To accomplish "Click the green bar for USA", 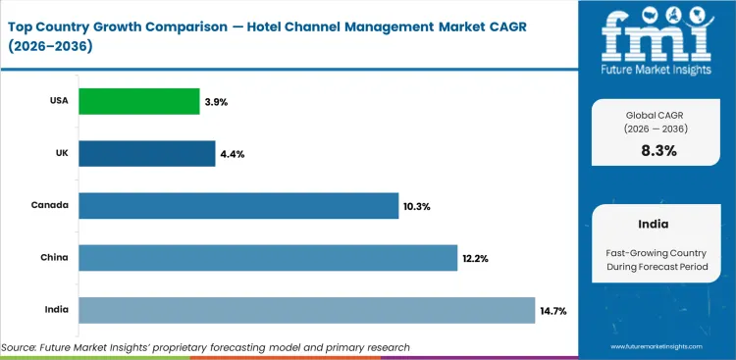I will click(x=138, y=101).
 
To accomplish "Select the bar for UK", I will click(x=146, y=153).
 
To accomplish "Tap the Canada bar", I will click(x=238, y=206).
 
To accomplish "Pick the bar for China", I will click(x=268, y=258).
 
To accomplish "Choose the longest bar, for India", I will click(x=306, y=310).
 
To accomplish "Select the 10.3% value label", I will click(x=416, y=206).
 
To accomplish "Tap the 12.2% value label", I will click(x=475, y=258).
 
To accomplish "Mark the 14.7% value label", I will click(x=552, y=310).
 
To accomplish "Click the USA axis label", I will click(x=57, y=101).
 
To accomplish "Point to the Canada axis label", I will click(x=50, y=206).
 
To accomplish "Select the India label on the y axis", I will click(x=55, y=310).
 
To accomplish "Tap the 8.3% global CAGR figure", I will click(x=658, y=150).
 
